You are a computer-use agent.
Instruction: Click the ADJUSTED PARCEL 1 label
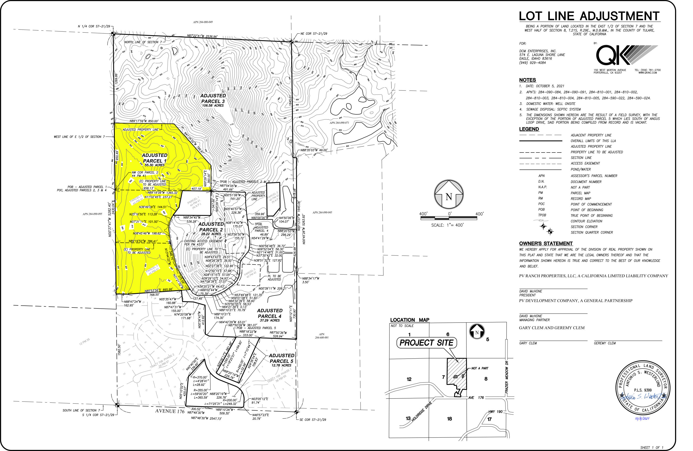pyautogui.click(x=154, y=158)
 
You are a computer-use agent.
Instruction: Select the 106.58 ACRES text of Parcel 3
pyautogui.click(x=213, y=105)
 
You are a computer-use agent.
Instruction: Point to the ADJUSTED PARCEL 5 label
pyautogui.click(x=281, y=358)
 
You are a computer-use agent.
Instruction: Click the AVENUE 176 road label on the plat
pyautogui.click(x=170, y=411)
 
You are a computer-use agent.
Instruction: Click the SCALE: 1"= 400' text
pyautogui.click(x=447, y=225)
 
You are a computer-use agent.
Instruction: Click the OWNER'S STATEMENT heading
pyautogui.click(x=546, y=244)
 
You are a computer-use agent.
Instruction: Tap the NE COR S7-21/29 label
pyautogui.click(x=314, y=34)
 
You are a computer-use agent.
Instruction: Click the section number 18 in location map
pyautogui.click(x=449, y=419)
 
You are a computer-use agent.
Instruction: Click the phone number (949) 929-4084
pyautogui.click(x=532, y=63)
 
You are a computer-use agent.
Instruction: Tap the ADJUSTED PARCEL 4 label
pyautogui.click(x=270, y=313)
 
